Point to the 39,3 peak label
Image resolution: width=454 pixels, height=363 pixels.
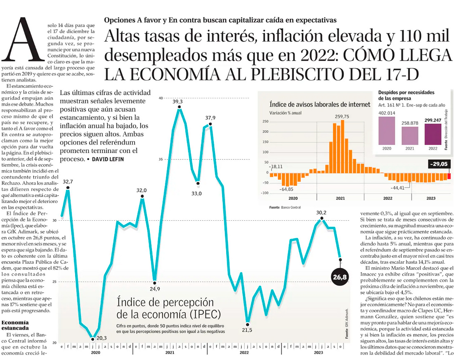pyautogui.click(x=179, y=101)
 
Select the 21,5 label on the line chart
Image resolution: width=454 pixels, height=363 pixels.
pyautogui.click(x=247, y=330)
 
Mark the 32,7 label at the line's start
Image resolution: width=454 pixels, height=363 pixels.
pyautogui.click(x=68, y=181)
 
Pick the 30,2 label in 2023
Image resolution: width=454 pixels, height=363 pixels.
pyautogui.click(x=321, y=213)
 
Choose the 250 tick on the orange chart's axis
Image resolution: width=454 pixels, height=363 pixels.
pyautogui.click(x=265, y=122)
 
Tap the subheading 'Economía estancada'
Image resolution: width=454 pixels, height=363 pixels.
pyautogui.click(x=16, y=325)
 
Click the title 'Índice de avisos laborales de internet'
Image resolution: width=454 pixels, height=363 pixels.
pyautogui.click(x=320, y=104)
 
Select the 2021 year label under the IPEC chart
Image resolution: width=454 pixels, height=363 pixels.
pyautogui.click(x=169, y=353)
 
